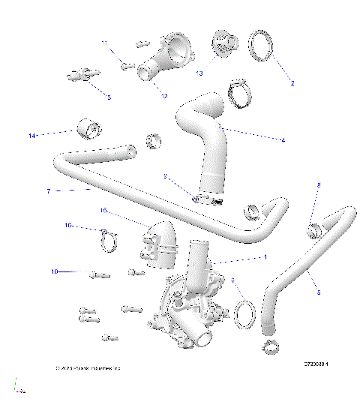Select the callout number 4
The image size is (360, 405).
[x=283, y=139]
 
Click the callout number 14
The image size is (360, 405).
[x=32, y=135]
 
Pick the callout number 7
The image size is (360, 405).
[x=48, y=191]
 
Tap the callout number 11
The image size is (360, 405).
[x=105, y=43]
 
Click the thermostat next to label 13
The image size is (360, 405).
[x=224, y=43]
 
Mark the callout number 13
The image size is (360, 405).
[x=199, y=73]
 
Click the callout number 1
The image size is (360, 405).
[x=263, y=257]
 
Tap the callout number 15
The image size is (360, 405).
[x=104, y=211]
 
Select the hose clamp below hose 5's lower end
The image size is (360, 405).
[x=271, y=347]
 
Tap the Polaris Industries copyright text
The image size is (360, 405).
[x=88, y=369]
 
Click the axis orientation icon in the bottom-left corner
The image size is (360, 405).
[x=20, y=388]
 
